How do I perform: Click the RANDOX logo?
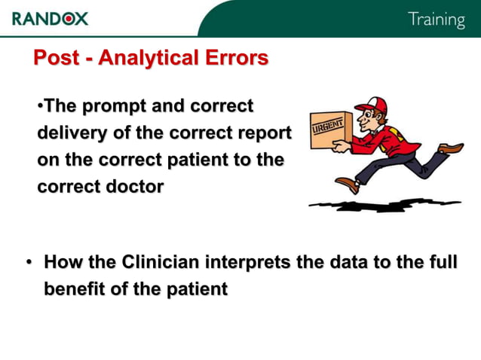[x=50, y=19]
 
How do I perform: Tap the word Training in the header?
[x=436, y=20]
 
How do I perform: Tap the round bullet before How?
[x=28, y=263]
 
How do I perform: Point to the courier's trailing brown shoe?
[x=452, y=148]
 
